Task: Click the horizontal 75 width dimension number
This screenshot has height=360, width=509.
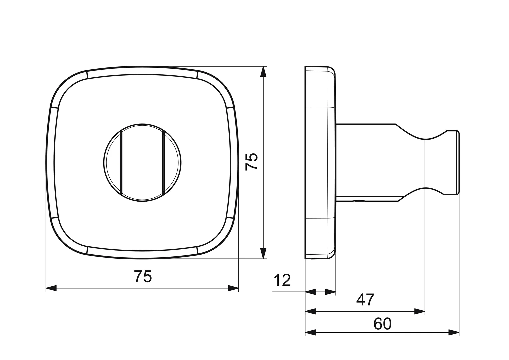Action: pyautogui.click(x=143, y=276)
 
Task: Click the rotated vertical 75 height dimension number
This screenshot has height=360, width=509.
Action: pyautogui.click(x=252, y=162)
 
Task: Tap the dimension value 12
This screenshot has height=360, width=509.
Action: pyautogui.click(x=282, y=280)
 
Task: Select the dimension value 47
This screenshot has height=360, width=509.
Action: pyautogui.click(x=365, y=300)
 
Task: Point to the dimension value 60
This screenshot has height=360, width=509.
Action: pyautogui.click(x=383, y=324)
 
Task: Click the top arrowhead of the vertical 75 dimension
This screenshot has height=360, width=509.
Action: pyautogui.click(x=263, y=72)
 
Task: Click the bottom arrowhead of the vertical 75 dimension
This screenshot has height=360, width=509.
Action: pyautogui.click(x=263, y=253)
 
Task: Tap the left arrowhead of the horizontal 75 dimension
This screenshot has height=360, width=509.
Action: pyautogui.click(x=51, y=288)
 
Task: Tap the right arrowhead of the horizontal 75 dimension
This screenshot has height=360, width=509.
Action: pyautogui.click(x=233, y=288)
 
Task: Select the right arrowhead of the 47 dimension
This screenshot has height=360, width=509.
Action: pyautogui.click(x=419, y=311)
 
